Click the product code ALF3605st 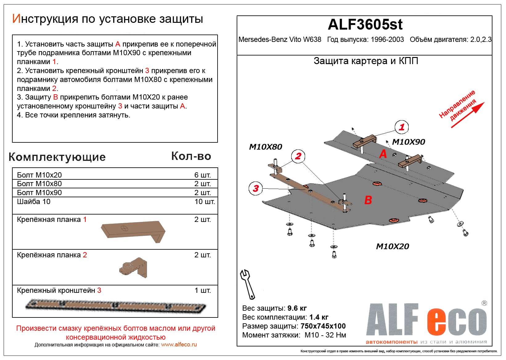365,25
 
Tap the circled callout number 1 402,127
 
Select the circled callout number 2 298,156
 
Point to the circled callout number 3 256,188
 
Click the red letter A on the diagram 383,153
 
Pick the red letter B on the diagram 368,200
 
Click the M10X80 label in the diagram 265,147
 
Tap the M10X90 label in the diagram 408,142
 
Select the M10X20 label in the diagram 392,247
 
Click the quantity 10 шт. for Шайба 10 205,202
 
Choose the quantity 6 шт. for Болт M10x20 202,175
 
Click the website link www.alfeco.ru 179,345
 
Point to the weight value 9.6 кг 297,308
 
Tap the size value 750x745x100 323,326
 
